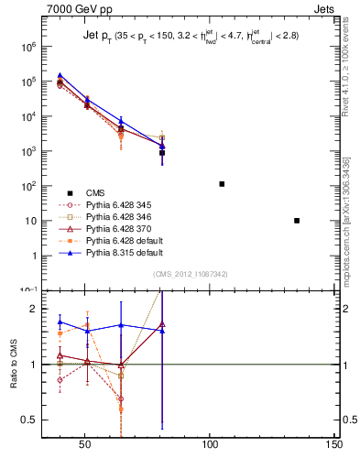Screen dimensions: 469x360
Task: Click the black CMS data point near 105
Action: [222, 184]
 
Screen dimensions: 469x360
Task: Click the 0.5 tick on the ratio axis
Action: [32, 420]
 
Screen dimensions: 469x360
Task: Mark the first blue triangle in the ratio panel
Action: [60, 322]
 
